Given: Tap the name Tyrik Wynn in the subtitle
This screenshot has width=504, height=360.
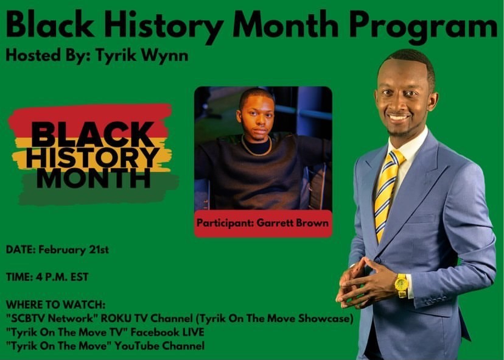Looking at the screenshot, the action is coord(142,55).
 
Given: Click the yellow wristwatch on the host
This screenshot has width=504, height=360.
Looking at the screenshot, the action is coord(402,285).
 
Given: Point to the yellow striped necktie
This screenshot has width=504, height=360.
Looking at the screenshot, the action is coord(387,194).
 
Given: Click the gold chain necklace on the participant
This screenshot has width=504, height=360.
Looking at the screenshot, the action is coord(256,147).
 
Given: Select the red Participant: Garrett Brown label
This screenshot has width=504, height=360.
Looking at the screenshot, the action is coord(263,224).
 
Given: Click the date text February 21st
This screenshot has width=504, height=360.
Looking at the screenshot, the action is coord(74,250).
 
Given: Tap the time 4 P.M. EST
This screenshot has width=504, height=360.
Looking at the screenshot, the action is coord(61,277).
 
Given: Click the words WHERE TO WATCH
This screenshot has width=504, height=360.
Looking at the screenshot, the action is coord(55,305).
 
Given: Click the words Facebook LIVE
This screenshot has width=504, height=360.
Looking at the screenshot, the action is coord(167,332).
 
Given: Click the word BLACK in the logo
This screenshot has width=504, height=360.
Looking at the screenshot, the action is coord(93,135).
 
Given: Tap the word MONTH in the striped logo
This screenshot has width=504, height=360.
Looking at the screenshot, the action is coord(94,178).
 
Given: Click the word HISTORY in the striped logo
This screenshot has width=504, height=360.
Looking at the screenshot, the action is coord(93,158).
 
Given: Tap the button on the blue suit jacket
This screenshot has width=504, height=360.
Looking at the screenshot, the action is coord(377,260).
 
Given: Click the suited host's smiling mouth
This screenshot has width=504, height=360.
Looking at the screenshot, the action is coord(398,117).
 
